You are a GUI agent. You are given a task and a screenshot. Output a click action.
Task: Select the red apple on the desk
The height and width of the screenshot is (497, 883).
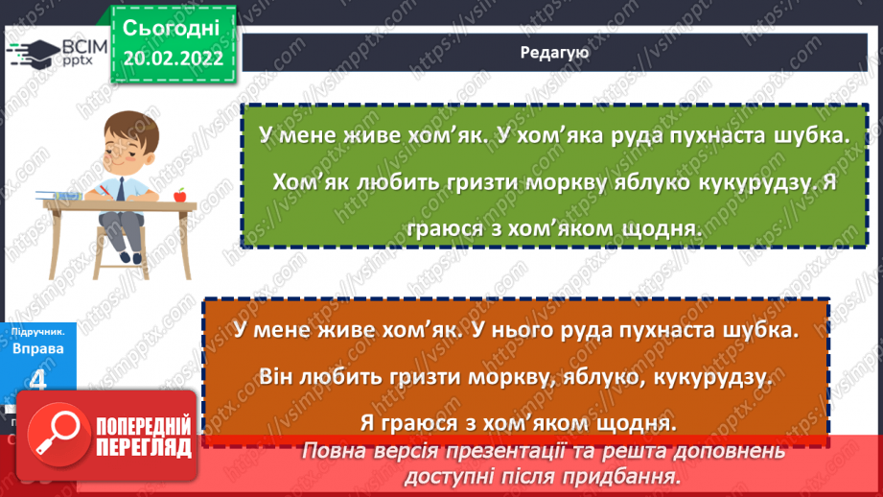[x=179, y=195]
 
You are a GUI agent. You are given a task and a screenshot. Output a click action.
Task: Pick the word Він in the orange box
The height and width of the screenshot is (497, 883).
[x=277, y=376]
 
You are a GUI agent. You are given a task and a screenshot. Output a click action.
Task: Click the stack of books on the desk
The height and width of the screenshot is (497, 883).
[x=61, y=196]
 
